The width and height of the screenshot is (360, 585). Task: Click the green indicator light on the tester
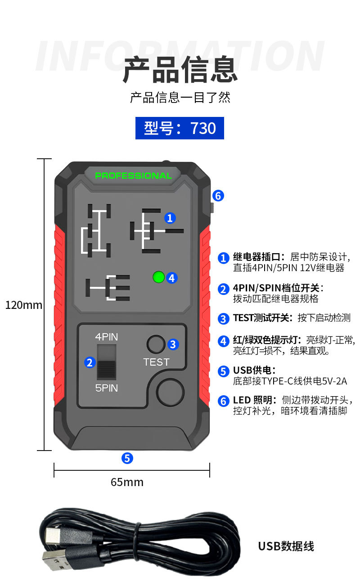coord(158,277)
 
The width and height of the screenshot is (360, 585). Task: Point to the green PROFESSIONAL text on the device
coord(133,176)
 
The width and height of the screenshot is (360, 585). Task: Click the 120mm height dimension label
coord(24,305)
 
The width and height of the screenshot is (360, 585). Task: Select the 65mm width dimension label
coord(127,482)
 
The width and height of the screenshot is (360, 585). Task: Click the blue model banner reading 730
coord(180,128)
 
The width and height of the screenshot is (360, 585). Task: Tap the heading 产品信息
coord(180,69)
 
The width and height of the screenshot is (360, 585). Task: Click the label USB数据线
coord(286,546)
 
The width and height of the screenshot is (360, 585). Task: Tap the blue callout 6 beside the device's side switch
coord(218,196)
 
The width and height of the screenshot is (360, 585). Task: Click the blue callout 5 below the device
coord(127,458)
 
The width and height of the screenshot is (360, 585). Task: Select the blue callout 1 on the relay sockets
coord(170,218)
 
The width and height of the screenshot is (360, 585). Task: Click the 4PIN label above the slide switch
coord(107,337)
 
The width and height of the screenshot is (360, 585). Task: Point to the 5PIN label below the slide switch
coord(107,388)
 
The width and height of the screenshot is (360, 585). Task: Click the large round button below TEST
coord(171,391)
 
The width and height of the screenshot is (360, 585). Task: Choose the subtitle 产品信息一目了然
coord(180,97)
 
